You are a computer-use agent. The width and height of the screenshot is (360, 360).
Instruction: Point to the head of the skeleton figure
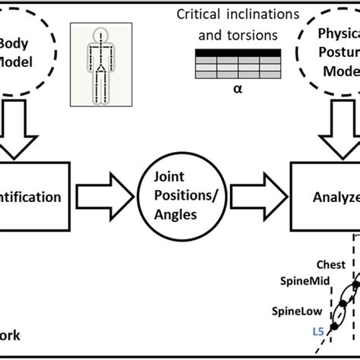pos(96,34)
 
